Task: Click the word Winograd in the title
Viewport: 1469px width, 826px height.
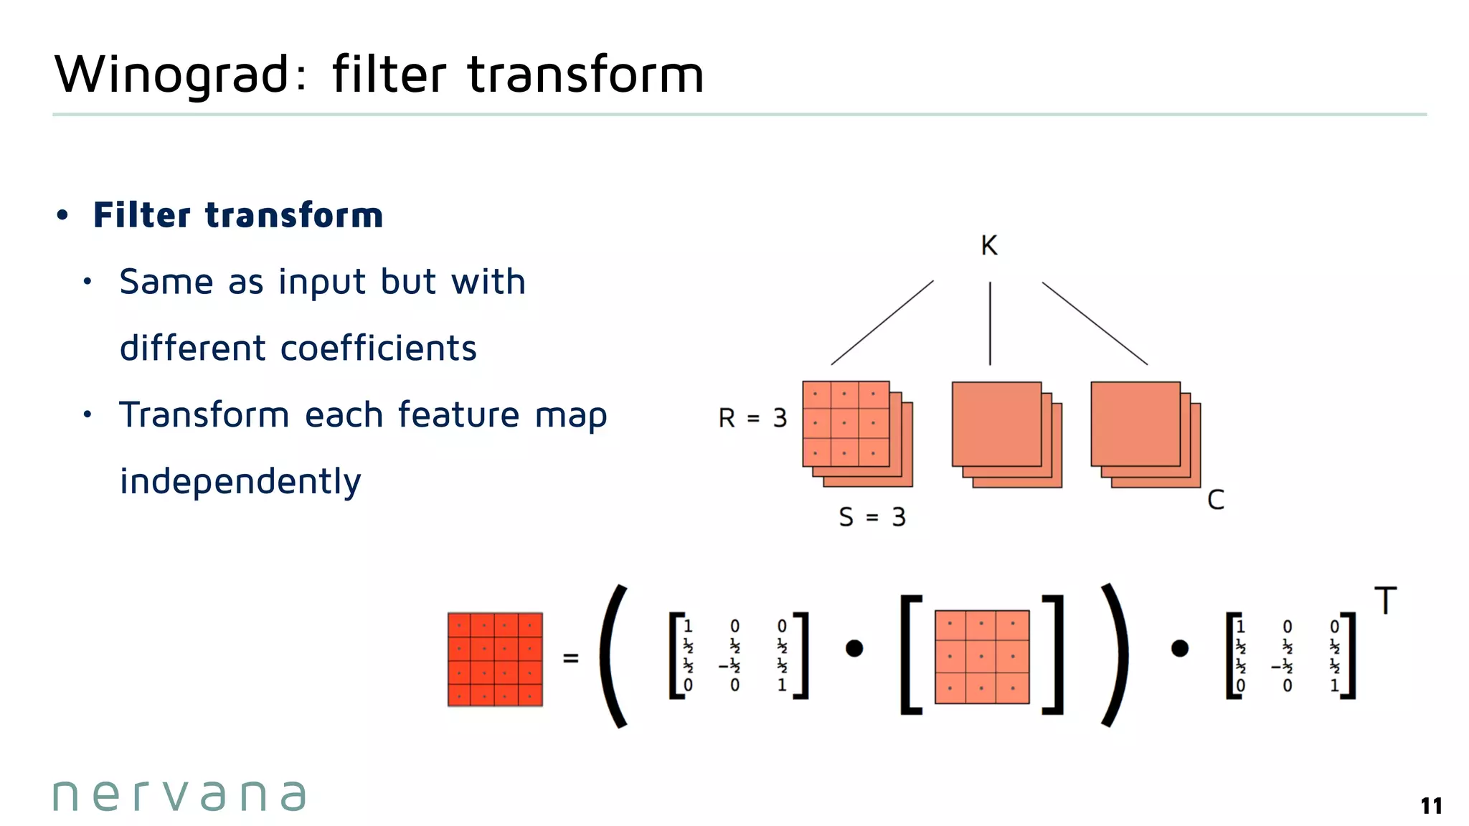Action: (172, 75)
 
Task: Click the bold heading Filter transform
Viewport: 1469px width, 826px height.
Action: (238, 215)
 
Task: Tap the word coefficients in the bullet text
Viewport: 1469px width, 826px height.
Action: (378, 348)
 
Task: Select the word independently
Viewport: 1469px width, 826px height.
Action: (240, 482)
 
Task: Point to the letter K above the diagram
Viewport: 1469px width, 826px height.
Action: (989, 246)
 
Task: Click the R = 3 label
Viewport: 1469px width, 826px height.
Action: (752, 418)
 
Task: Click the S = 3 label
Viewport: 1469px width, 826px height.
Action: (872, 517)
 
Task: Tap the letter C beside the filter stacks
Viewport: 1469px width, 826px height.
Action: (1216, 500)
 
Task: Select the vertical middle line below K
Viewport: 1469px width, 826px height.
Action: (990, 323)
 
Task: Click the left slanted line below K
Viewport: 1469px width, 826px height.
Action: (882, 323)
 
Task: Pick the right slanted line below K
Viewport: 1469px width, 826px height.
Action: (1095, 323)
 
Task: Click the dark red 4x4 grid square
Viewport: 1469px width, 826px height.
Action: (495, 659)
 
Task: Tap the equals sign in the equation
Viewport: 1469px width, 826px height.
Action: (570, 658)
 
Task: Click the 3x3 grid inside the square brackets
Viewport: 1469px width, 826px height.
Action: (982, 657)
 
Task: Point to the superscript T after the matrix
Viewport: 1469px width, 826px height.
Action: (1386, 601)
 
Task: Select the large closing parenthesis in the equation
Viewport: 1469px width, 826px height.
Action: (1113, 656)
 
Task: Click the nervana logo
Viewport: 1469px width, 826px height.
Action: (179, 796)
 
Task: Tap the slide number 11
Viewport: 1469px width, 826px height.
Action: (1431, 806)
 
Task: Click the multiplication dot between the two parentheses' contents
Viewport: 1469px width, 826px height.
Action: (854, 649)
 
